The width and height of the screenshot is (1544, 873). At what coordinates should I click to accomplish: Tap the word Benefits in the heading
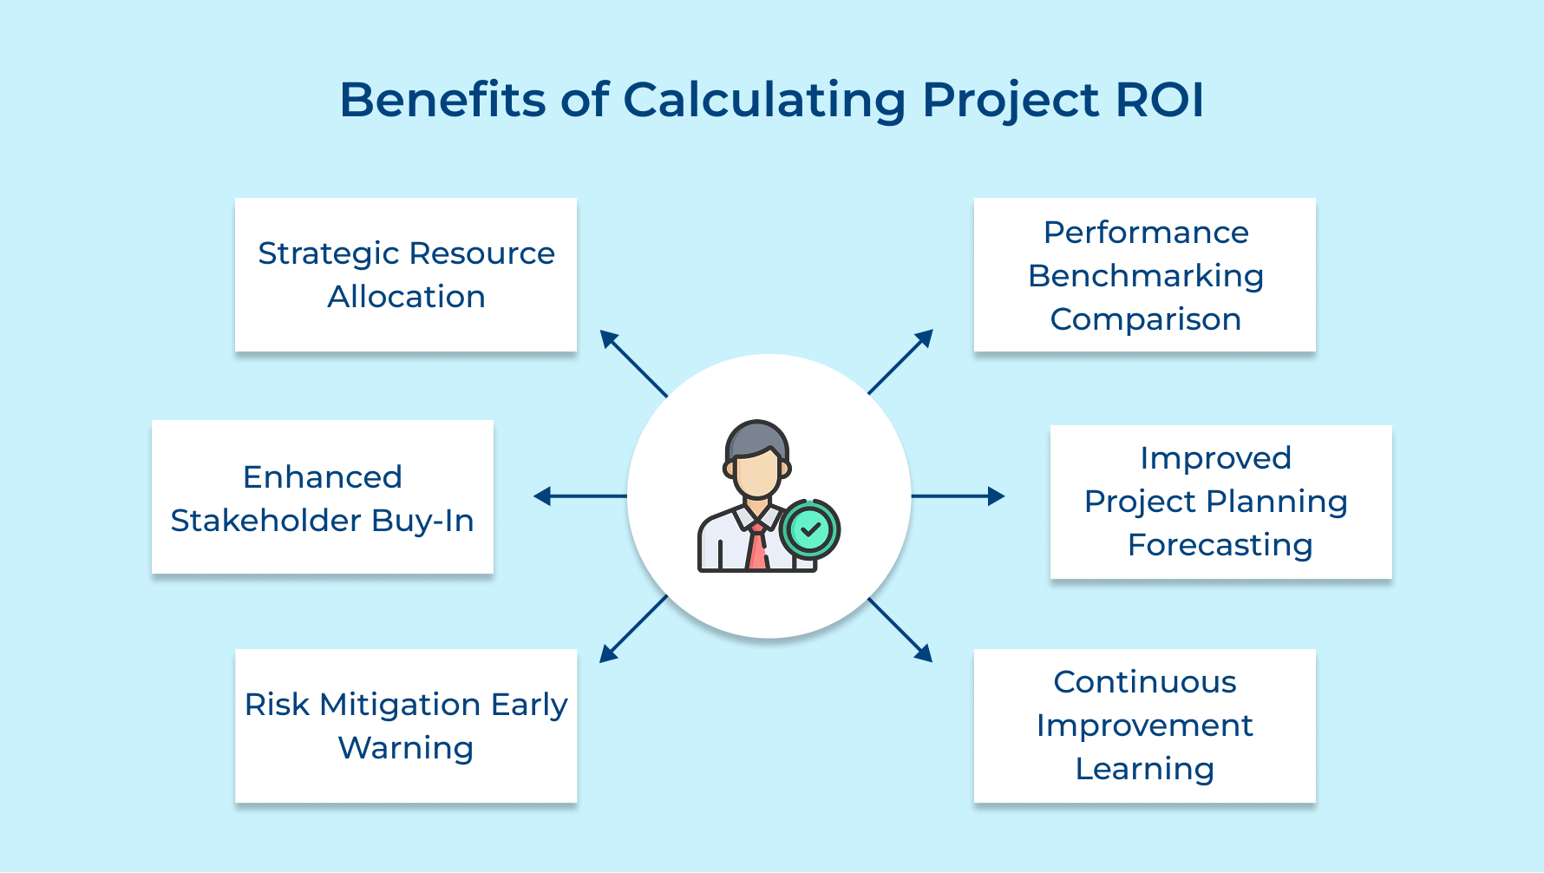pyautogui.click(x=442, y=100)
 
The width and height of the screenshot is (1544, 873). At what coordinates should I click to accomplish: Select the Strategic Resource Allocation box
pyautogui.click(x=406, y=274)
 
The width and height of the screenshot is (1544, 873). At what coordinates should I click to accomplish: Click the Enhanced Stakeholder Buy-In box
pyautogui.click(x=323, y=497)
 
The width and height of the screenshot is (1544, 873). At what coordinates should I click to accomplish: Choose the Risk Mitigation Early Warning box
pyautogui.click(x=406, y=725)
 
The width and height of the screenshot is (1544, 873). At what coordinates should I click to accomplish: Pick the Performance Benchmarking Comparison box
pyautogui.click(x=1145, y=274)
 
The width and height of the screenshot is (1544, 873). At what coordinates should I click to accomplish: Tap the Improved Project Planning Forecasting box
pyautogui.click(x=1220, y=502)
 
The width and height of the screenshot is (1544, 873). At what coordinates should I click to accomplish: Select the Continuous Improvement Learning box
pyautogui.click(x=1145, y=725)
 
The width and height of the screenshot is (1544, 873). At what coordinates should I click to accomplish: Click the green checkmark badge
pyautogui.click(x=810, y=528)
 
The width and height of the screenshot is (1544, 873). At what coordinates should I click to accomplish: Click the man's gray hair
pyautogui.click(x=756, y=437)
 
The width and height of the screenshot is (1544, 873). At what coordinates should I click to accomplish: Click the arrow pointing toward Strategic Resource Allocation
pyautogui.click(x=633, y=363)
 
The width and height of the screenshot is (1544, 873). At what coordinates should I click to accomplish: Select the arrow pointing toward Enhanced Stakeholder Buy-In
pyautogui.click(x=579, y=496)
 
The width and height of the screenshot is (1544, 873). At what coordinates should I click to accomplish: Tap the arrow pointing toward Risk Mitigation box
pyautogui.click(x=633, y=629)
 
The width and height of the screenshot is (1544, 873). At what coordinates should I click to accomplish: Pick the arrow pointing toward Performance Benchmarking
pyautogui.click(x=900, y=362)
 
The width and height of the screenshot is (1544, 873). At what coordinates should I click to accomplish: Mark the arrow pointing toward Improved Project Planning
pyautogui.click(x=958, y=496)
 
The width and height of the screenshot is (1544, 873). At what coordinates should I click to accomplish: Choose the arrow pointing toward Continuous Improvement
pyautogui.click(x=900, y=630)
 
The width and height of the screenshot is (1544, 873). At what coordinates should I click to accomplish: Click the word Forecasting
pyautogui.click(x=1220, y=545)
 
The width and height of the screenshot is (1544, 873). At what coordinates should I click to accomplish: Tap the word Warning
pyautogui.click(x=406, y=748)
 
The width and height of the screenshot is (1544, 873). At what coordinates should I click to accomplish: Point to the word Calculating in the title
pyautogui.click(x=764, y=100)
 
